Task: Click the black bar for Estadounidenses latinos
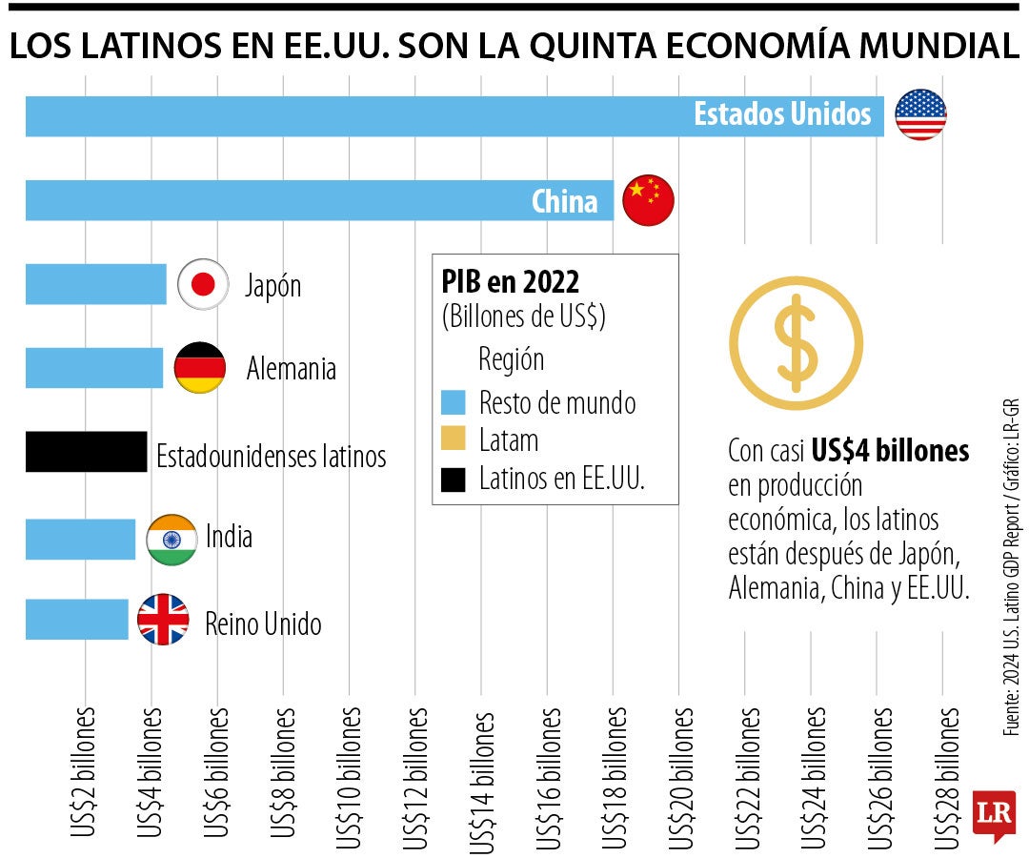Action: [x=86, y=452]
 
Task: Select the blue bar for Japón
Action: [x=95, y=284]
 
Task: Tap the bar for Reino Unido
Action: [x=76, y=620]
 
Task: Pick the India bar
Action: [x=80, y=539]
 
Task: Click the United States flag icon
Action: [x=920, y=115]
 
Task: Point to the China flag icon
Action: [x=648, y=200]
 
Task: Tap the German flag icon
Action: [x=200, y=368]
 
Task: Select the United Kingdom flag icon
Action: [x=163, y=620]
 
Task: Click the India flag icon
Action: [x=171, y=540]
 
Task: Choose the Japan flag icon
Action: [x=203, y=284]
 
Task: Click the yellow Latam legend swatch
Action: [x=454, y=439]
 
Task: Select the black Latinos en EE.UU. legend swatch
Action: [x=454, y=478]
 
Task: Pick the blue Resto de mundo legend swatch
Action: [x=454, y=402]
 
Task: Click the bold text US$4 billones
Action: [x=890, y=451]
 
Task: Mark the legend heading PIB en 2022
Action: [x=510, y=281]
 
